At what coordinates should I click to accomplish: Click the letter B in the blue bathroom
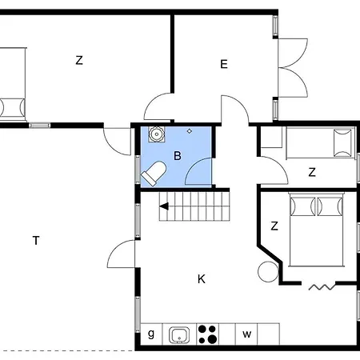(x=178, y=156)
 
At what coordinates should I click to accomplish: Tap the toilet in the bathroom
(x=154, y=174)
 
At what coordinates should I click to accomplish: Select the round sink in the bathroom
(x=156, y=134)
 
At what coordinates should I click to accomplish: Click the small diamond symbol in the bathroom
(x=190, y=131)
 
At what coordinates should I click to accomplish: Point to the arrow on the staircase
(x=164, y=206)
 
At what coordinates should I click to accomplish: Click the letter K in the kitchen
(x=202, y=279)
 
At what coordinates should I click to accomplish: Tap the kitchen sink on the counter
(x=179, y=335)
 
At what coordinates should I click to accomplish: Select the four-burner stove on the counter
(x=208, y=334)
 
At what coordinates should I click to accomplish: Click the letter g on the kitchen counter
(x=151, y=334)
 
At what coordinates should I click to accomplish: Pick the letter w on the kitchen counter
(x=247, y=334)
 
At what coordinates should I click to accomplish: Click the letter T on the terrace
(x=36, y=240)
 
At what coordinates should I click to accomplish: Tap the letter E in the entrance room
(x=224, y=64)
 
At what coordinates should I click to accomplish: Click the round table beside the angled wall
(x=268, y=272)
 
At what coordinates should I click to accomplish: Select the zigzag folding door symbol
(x=322, y=287)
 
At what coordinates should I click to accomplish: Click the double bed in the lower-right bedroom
(x=316, y=230)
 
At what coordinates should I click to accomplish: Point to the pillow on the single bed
(x=342, y=142)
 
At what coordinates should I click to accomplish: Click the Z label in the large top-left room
(x=79, y=60)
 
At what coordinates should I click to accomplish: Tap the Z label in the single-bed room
(x=312, y=172)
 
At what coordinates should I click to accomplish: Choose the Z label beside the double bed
(x=274, y=226)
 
